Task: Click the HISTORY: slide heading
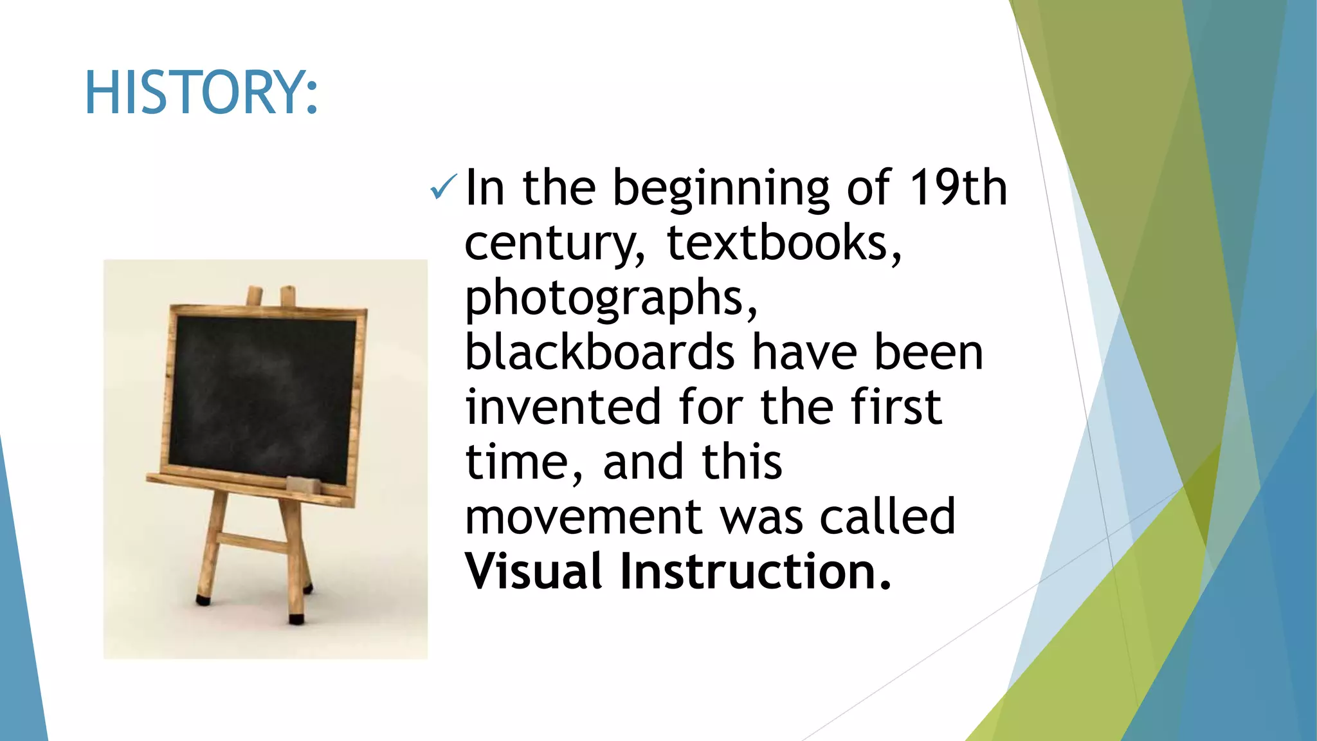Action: [201, 93]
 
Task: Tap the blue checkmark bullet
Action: [443, 187]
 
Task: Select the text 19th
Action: [958, 188]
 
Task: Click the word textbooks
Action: [783, 243]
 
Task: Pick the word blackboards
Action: [599, 352]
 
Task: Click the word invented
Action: [563, 407]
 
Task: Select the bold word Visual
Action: [534, 571]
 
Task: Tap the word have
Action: [804, 352]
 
